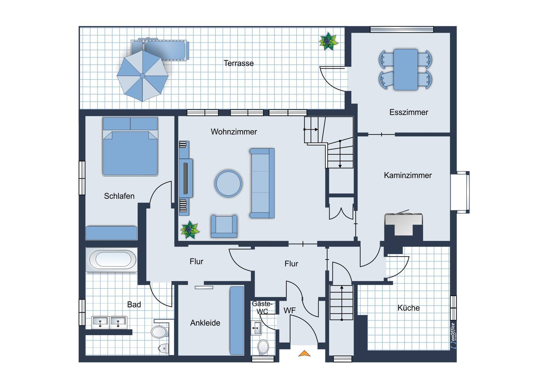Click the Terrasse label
tap(238, 63)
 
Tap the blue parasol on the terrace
tap(142, 76)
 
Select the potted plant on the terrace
tap(328, 41)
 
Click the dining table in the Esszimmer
tap(406, 70)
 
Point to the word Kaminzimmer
tap(408, 175)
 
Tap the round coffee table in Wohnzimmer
tap(228, 184)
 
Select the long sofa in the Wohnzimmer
tap(262, 183)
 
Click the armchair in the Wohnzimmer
tap(224, 226)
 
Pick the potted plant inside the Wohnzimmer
tap(190, 230)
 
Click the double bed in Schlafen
tap(130, 146)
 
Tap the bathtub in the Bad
tap(111, 260)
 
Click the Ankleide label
tap(205, 323)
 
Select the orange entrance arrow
tap(304, 354)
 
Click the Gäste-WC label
tap(262, 308)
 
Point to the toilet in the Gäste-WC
tap(263, 347)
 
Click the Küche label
tap(409, 308)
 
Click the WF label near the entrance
tap(290, 311)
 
